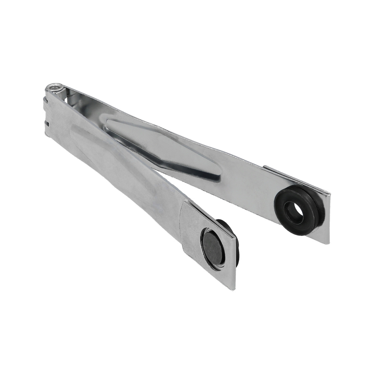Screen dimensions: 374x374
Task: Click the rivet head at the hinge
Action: pyautogui.click(x=55, y=88)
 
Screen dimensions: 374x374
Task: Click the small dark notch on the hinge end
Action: pyautogui.click(x=47, y=123)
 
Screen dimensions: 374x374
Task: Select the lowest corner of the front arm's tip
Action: pyautogui.click(x=235, y=289)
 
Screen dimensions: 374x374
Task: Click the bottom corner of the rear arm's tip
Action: pyautogui.click(x=329, y=243)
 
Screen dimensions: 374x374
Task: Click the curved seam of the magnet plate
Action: pyautogui.click(x=182, y=224)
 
